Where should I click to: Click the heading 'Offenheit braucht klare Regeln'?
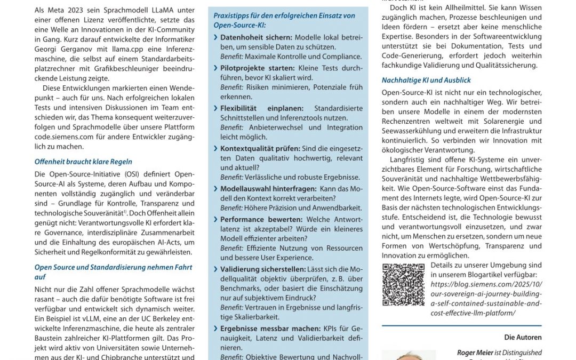click(x=83, y=162)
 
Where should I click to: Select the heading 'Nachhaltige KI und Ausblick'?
click(x=426, y=81)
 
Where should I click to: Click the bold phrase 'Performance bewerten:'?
click(x=258, y=219)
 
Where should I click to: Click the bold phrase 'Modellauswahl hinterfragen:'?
click(x=268, y=189)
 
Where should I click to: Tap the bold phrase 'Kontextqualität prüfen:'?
click(x=260, y=148)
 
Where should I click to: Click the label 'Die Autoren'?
click(x=523, y=337)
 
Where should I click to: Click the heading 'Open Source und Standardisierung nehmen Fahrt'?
click(x=113, y=267)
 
